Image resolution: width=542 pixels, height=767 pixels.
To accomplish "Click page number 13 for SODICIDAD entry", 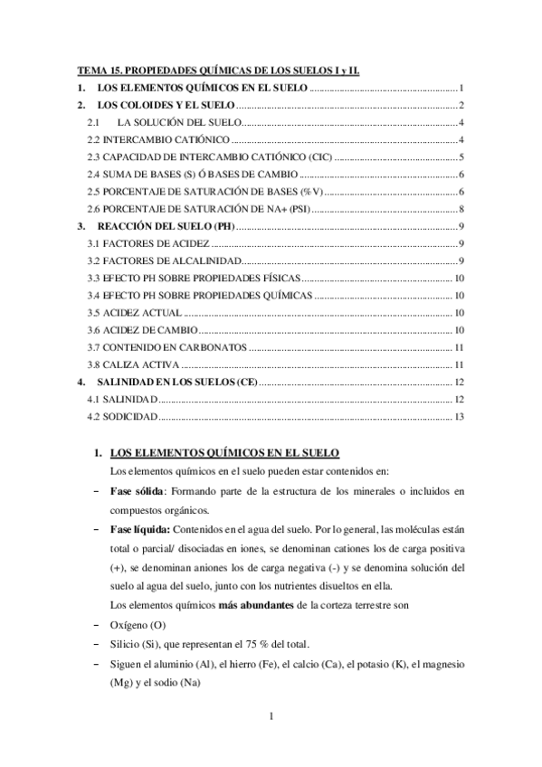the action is pos(459,417).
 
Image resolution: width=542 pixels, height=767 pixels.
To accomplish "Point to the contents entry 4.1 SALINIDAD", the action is pos(122,400).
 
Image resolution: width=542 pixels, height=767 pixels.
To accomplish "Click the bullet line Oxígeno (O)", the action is pos(141,625).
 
